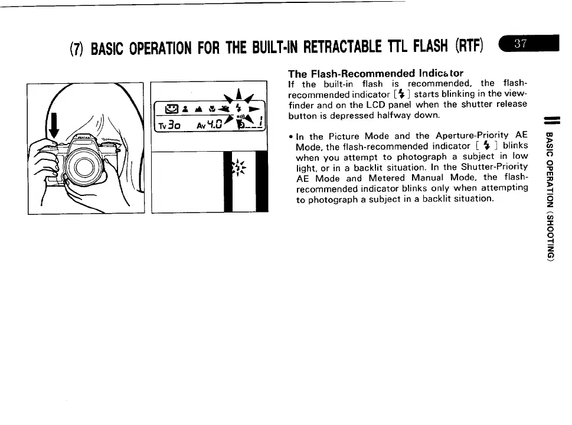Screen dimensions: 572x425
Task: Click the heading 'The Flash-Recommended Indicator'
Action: coord(375,74)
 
